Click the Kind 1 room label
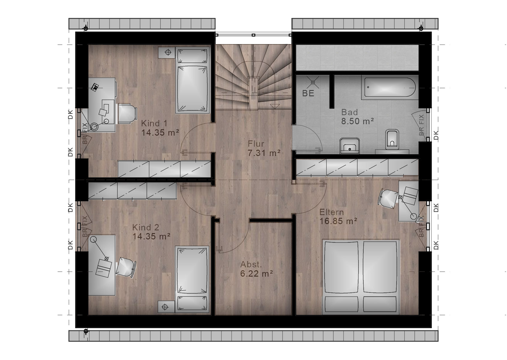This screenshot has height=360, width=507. [x=154, y=124]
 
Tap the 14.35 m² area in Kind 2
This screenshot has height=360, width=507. [x=151, y=237]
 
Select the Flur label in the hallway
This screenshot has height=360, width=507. [x=256, y=144]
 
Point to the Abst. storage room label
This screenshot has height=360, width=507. [x=251, y=264]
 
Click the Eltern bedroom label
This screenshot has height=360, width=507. [x=331, y=212]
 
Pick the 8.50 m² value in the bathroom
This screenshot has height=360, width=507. [x=358, y=121]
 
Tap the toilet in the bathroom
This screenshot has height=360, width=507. [x=392, y=139]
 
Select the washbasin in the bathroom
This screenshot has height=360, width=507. [x=350, y=145]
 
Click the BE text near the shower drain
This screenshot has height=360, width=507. [x=308, y=93]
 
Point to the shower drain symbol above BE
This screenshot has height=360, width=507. [x=313, y=82]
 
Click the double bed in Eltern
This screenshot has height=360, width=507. [x=361, y=277]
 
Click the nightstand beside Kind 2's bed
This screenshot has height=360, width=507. [x=166, y=307]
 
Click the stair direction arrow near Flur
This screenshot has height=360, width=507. [x=275, y=106]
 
